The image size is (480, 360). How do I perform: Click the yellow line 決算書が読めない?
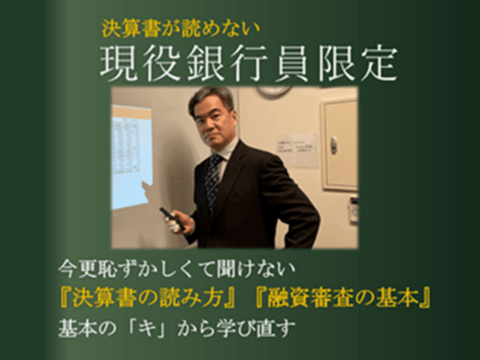[181, 29]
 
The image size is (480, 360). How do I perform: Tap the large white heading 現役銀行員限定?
[248, 64]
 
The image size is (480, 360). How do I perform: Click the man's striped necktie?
[212, 181]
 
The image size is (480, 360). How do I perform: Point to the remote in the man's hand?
[172, 218]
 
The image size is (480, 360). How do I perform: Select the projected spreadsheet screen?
[131, 157]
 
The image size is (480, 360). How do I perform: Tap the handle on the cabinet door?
[334, 145]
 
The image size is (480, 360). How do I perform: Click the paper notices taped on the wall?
[297, 150]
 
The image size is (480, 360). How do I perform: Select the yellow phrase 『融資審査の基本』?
[343, 298]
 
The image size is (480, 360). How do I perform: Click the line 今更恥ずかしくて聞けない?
[177, 269]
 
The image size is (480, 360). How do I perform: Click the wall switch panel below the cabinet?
[354, 209]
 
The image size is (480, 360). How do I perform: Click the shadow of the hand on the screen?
[148, 191]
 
